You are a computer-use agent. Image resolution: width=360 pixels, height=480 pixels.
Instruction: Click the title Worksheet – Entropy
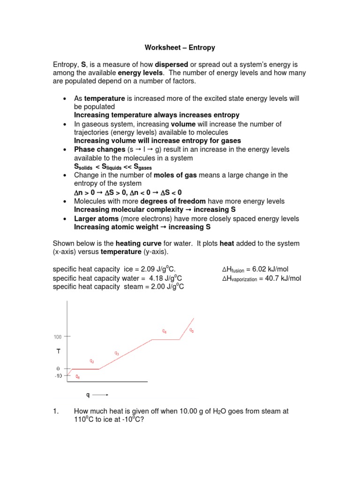coord(180,47)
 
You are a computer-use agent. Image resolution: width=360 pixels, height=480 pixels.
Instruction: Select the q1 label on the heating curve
coord(78,376)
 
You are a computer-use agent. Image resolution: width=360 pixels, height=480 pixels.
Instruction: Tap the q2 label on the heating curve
coord(92,361)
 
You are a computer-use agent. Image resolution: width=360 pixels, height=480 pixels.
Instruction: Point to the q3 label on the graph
coord(116,353)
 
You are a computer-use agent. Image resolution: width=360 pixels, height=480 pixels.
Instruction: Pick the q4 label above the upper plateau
coord(165,331)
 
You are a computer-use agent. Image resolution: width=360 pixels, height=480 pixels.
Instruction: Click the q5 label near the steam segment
coord(192,330)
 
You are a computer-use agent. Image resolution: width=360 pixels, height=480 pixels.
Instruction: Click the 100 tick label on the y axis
coord(57,337)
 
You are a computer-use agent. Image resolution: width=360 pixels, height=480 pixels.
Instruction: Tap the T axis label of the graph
coord(59,350)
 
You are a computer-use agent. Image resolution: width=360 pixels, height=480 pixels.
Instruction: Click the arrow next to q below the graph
coord(100,395)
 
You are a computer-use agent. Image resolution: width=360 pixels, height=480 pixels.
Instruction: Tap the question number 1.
coord(56,411)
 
